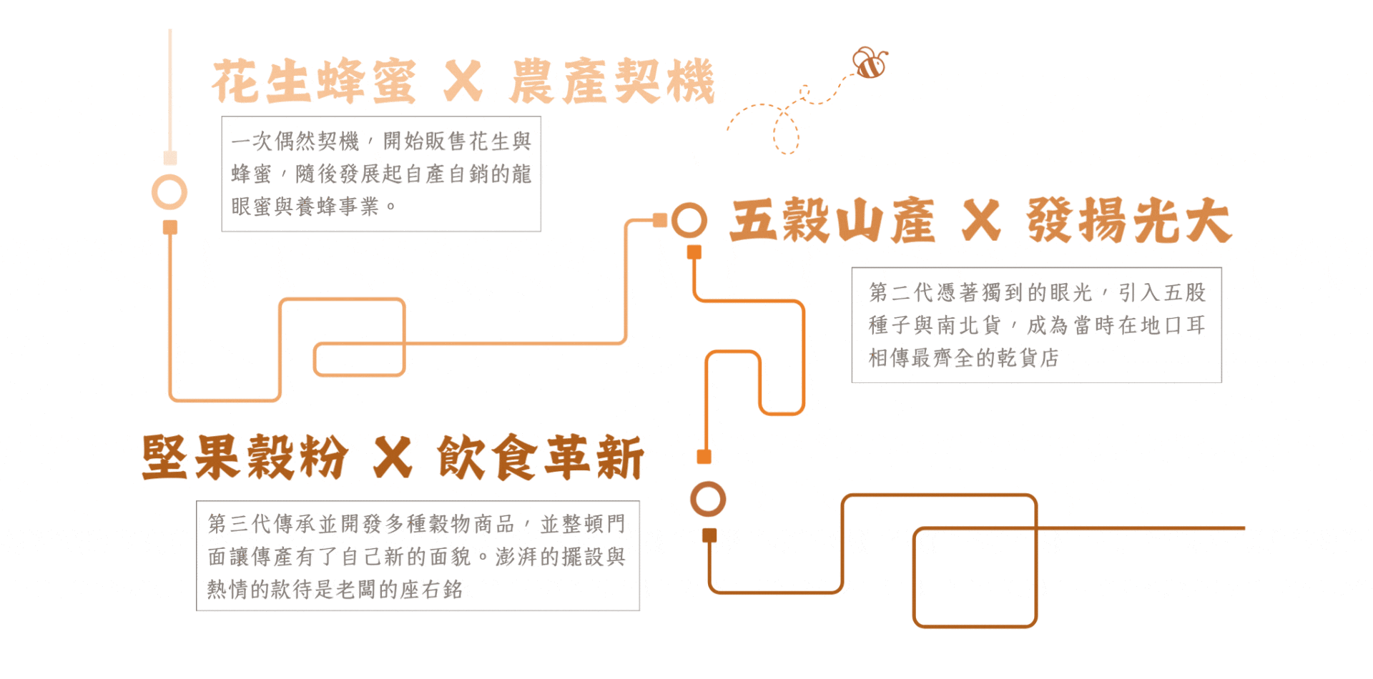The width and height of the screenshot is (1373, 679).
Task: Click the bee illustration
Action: pyautogui.click(x=870, y=64)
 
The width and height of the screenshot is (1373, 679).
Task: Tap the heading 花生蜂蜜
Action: pyautogui.click(x=314, y=82)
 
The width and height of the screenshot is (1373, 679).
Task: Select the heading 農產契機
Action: pyautogui.click(x=612, y=82)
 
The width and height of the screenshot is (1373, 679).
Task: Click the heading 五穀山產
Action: pyautogui.click(x=832, y=221)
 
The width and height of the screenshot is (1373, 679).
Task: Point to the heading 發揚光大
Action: pyautogui.click(x=1129, y=221)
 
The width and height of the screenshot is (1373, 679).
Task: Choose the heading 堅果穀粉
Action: pyautogui.click(x=245, y=457)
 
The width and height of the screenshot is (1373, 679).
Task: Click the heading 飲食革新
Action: pyautogui.click(x=541, y=457)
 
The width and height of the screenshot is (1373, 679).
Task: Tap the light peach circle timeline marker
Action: pyautogui.click(x=169, y=192)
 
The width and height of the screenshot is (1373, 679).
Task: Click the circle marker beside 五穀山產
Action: pyautogui.click(x=689, y=220)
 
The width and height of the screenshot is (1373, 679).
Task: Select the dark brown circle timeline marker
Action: pyautogui.click(x=708, y=499)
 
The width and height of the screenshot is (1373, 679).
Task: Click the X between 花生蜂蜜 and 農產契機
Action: pyautogui.click(x=463, y=82)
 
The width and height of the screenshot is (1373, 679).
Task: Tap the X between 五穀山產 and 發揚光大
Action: pyautogui.click(x=981, y=221)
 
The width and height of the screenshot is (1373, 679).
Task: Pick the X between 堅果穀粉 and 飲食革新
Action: pyautogui.click(x=393, y=457)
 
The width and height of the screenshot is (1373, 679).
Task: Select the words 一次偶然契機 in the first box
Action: pyautogui.click(x=295, y=142)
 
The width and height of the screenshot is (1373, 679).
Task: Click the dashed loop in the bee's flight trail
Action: pyautogui.click(x=786, y=133)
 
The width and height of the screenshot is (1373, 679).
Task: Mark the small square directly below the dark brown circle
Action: pyautogui.click(x=709, y=535)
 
